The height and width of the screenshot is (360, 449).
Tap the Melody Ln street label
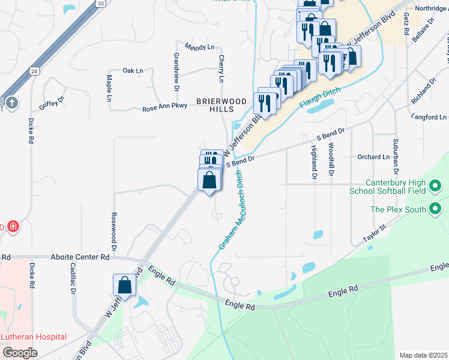pyautogui.click(x=199, y=47)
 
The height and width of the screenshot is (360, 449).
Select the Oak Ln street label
pyautogui.click(x=133, y=71)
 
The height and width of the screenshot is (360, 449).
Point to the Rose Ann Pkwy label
pyautogui.click(x=164, y=108)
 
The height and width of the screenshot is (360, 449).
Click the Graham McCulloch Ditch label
pyautogui.click(x=231, y=210)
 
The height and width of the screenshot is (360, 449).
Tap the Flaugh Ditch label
pyautogui.click(x=319, y=98)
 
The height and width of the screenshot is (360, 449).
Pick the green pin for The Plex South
pyautogui.click(x=436, y=209)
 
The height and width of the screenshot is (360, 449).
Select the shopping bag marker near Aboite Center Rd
pyautogui.click(x=124, y=285)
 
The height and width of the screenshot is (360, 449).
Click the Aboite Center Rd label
pyautogui.click(x=79, y=257)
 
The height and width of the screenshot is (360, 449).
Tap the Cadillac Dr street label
pyautogui.click(x=73, y=279)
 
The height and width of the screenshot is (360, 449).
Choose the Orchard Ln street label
pyautogui.click(x=373, y=157)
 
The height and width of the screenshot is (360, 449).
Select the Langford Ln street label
pyautogui.click(x=429, y=117)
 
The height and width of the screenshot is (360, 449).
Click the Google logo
pyautogui.click(x=20, y=353)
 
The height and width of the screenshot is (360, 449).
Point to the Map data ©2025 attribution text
pyautogui.click(x=423, y=355)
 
